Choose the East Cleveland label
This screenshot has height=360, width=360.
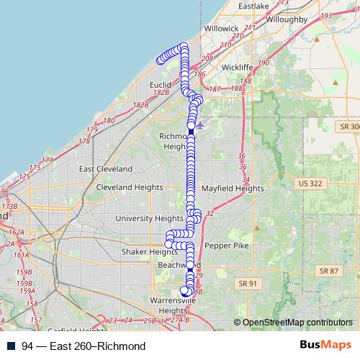click(x=106, y=168)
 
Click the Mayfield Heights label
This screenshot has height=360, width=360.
click(x=233, y=189)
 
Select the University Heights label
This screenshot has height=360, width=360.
click(x=149, y=218)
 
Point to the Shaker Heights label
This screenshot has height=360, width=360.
click(x=149, y=252)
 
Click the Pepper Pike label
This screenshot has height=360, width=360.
click(x=226, y=246)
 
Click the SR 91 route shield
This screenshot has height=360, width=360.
click(x=247, y=284)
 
